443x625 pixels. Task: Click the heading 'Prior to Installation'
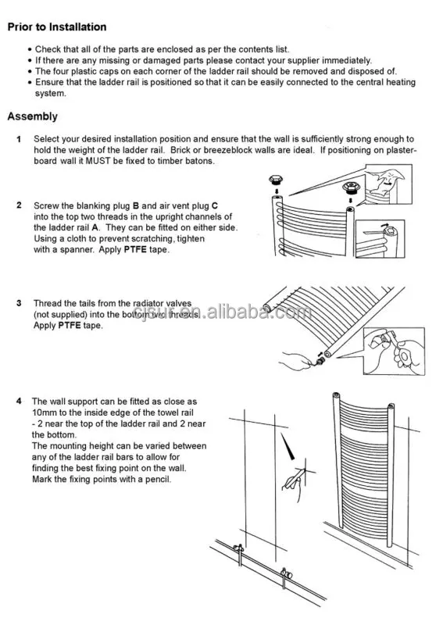[57, 27]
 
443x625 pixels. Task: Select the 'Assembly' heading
[32, 116]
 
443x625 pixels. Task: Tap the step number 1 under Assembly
[18, 138]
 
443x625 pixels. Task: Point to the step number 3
[18, 302]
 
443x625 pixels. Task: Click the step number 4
[18, 400]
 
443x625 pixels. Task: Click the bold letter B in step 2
[135, 205]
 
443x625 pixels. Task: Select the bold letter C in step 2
[215, 205]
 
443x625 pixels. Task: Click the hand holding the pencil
[295, 477]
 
